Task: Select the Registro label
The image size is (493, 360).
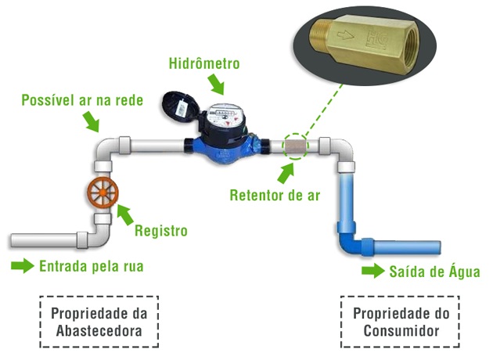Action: (x=160, y=231)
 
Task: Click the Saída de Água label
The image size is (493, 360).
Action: (x=434, y=272)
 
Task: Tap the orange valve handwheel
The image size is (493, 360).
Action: (x=102, y=194)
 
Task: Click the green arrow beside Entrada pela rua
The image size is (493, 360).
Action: (x=23, y=266)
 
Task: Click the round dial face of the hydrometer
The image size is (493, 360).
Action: (x=226, y=123)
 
